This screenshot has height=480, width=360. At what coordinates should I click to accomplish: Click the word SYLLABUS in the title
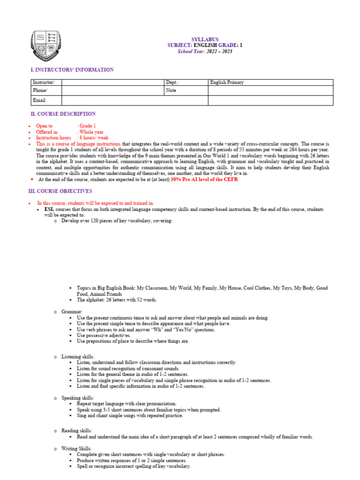205,39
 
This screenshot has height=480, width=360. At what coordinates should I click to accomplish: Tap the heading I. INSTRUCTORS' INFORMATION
72,70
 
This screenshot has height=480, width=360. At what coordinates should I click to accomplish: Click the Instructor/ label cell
43,82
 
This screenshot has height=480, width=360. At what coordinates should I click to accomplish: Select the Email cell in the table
39,100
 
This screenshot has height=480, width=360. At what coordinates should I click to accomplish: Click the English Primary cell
227,82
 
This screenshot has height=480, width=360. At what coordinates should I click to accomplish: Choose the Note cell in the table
171,90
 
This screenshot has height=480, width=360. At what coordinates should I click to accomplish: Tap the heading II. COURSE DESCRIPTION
63,114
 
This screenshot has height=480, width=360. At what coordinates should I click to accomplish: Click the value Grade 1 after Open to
87,126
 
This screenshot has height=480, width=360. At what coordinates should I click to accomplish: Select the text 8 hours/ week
94,138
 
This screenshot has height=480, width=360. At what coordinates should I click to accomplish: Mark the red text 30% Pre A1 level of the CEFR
201,180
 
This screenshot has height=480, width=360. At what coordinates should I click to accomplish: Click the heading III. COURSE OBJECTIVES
61,191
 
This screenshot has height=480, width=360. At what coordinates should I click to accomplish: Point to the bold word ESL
49,209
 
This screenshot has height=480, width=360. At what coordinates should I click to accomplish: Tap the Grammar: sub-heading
72,311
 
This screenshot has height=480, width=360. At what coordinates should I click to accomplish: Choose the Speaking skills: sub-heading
77,398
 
